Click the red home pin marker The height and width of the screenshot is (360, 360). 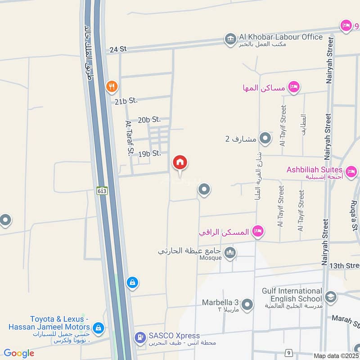(180, 163)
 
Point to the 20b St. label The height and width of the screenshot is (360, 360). (149, 120)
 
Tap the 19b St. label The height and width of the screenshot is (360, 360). (149, 153)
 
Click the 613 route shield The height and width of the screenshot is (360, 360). (102, 191)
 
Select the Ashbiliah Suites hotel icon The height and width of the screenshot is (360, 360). (351, 171)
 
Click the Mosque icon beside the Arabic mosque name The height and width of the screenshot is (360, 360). (230, 253)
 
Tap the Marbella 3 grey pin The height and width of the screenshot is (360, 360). (247, 305)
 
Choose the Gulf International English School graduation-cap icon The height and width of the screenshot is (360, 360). (331, 297)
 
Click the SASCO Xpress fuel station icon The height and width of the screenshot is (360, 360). (140, 337)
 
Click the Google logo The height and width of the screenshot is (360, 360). (19, 353)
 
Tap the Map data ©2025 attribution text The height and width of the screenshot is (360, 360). (335, 355)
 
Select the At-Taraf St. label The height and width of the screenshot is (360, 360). (130, 138)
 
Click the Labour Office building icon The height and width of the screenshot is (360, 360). (230, 39)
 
